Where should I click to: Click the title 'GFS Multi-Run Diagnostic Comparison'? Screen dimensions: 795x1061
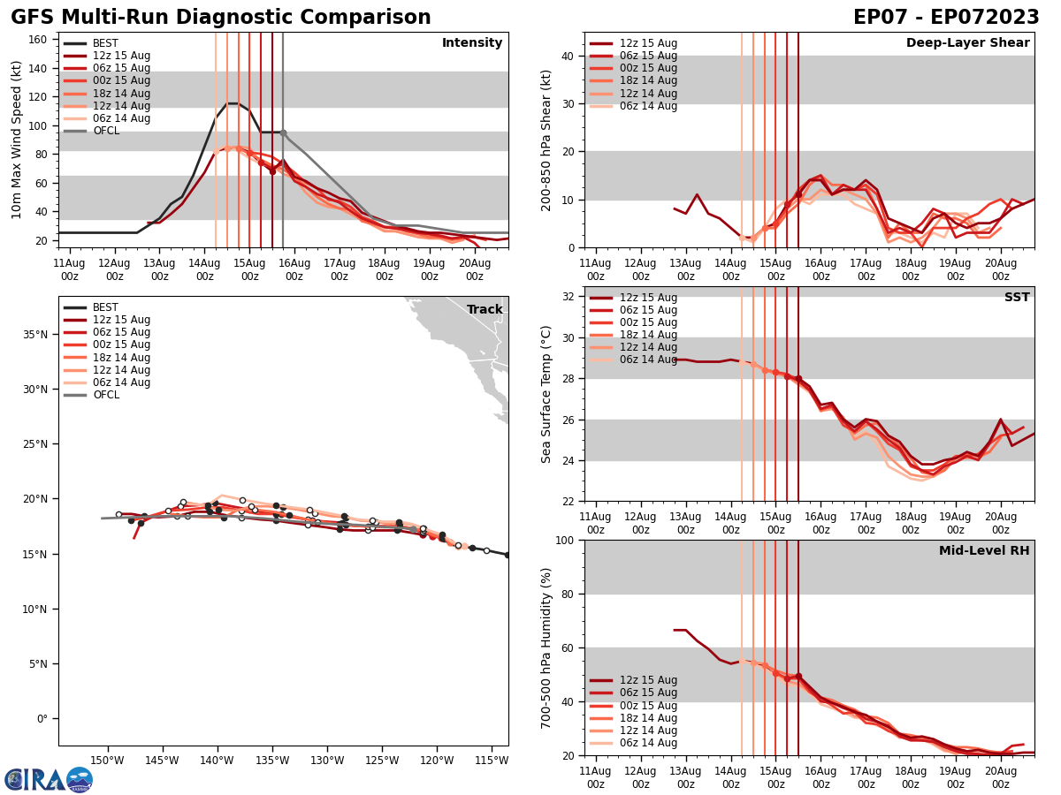[221, 18]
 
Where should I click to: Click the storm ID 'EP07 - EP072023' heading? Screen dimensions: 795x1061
[946, 18]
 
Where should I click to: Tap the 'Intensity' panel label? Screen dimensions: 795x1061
[472, 43]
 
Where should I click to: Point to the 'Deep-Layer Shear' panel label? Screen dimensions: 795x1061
[967, 43]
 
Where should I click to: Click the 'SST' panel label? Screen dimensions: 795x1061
[1017, 298]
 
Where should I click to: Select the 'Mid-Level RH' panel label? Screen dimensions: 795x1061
[984, 551]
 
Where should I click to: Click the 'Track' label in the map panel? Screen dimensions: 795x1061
[485, 310]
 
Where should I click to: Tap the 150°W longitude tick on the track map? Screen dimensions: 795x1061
[106, 761]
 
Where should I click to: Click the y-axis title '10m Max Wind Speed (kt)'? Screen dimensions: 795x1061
[18, 140]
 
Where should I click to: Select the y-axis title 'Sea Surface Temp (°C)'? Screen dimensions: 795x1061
[546, 394]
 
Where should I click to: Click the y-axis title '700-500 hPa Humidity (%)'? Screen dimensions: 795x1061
[546, 647]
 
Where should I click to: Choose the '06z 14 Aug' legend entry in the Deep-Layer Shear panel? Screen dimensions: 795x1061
[649, 106]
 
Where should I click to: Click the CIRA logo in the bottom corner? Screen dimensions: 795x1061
[49, 779]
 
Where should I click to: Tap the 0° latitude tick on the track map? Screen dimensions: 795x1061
[42, 718]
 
